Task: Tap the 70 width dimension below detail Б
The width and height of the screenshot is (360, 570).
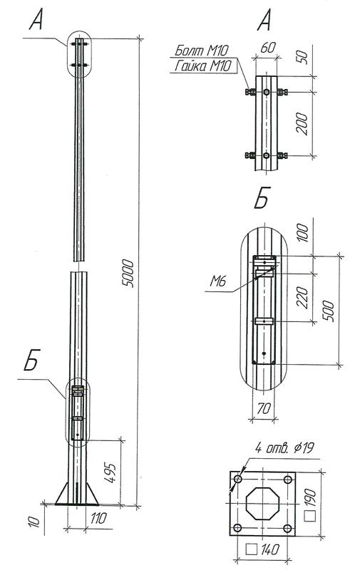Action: (x=265, y=410)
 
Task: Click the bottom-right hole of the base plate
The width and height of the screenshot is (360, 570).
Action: (x=287, y=528)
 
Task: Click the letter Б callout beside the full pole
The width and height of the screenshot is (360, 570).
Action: (x=31, y=363)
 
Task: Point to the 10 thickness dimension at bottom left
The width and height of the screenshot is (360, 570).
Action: (x=31, y=524)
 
